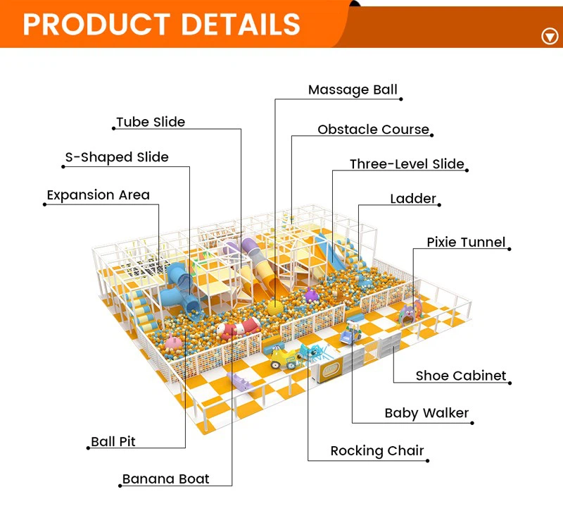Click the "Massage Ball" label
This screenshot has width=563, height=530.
(353, 90)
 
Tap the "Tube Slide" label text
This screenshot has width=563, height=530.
(151, 122)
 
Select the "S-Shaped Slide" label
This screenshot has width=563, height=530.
(117, 157)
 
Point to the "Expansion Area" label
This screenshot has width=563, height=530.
(98, 195)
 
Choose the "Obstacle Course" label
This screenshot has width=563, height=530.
(374, 130)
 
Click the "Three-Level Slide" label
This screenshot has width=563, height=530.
(407, 164)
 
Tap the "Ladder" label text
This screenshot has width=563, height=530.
(413, 199)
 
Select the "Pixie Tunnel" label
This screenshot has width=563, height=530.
(466, 242)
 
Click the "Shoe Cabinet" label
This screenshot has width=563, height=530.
(461, 376)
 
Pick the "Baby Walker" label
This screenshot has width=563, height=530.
(426, 414)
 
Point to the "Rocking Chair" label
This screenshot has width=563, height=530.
(377, 451)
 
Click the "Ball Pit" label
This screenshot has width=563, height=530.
(113, 441)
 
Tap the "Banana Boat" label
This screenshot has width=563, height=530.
(165, 479)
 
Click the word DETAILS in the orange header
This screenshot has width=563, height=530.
(241, 25)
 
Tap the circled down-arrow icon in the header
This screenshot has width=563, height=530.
(550, 37)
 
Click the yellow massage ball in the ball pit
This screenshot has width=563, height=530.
(275, 309)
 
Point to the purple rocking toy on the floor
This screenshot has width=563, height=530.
(241, 382)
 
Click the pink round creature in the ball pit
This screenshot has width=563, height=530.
(173, 342)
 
